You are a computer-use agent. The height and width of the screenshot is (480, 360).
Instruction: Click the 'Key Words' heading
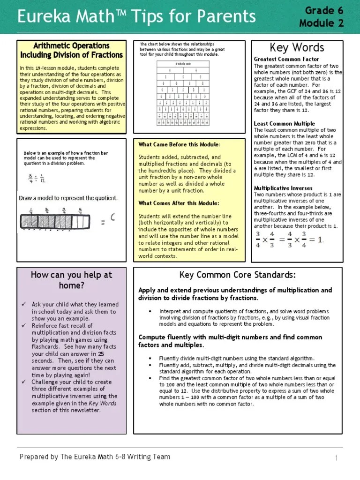point(297,48)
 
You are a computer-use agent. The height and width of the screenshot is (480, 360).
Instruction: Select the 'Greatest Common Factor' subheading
point(286,59)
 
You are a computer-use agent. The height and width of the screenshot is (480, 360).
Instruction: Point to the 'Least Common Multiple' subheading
point(284,124)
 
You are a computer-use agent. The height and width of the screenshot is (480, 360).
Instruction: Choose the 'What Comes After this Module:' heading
point(179,203)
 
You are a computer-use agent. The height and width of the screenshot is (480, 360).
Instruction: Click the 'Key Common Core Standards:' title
point(238,275)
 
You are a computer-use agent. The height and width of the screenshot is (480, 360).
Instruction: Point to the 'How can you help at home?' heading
point(71,280)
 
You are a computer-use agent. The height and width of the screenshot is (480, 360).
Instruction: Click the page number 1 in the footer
point(337,457)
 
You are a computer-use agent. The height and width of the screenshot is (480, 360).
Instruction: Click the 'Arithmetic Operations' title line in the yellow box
point(71,46)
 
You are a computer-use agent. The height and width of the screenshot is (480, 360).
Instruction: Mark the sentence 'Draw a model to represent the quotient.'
point(68,198)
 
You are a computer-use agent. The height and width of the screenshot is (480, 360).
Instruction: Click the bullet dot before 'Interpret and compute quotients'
point(150,311)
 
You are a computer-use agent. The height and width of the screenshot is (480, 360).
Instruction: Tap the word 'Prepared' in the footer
point(34,457)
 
